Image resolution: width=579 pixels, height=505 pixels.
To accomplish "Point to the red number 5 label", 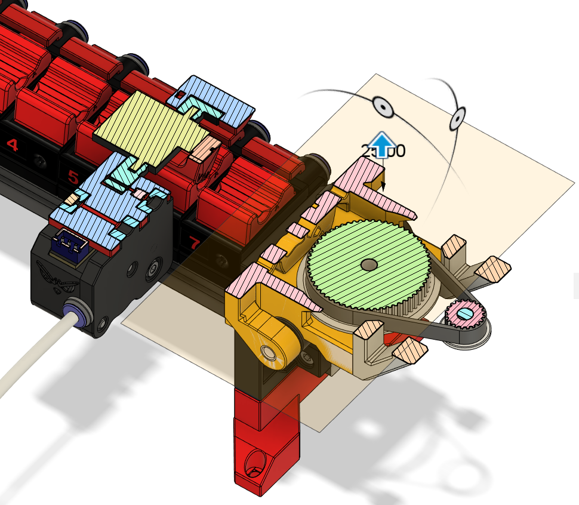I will point(73,177).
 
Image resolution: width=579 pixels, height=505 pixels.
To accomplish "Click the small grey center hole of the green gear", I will point(369,263).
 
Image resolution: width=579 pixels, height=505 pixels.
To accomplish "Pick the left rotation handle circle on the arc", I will point(381,106).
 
